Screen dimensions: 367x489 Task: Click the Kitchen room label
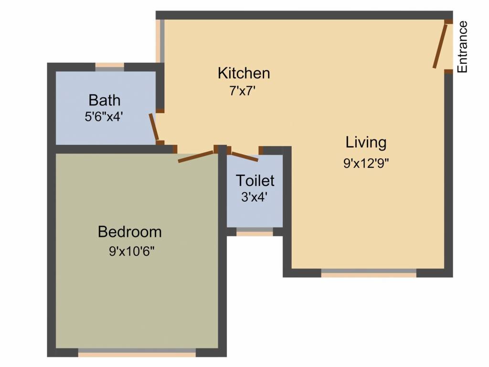click(244, 73)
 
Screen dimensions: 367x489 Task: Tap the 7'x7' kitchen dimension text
click(244, 90)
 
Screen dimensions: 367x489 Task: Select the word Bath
click(105, 100)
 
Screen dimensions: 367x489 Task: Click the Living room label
click(366, 142)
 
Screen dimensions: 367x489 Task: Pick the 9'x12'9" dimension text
click(366, 162)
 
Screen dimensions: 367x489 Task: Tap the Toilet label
click(255, 181)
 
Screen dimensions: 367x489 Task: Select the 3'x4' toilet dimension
click(254, 196)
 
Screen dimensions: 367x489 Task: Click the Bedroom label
click(129, 232)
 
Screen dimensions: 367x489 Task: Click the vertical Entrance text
click(462, 47)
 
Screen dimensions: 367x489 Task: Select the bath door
click(154, 127)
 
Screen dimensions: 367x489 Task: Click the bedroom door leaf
click(196, 157)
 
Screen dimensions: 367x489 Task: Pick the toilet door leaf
click(244, 156)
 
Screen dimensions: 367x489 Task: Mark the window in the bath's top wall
click(109, 67)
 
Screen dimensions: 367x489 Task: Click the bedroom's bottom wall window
click(137, 353)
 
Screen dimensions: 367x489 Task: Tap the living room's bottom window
click(369, 273)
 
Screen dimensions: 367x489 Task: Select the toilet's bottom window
click(255, 232)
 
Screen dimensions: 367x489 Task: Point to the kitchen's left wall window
click(161, 41)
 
